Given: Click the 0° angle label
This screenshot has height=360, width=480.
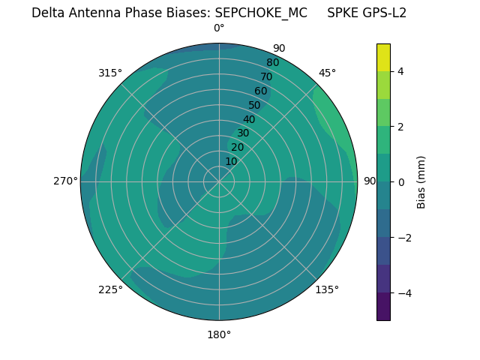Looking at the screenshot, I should click(x=219, y=28).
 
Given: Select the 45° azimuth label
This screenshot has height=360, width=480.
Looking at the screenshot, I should click(x=327, y=73).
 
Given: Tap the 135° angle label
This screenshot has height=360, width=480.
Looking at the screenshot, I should click(x=327, y=289).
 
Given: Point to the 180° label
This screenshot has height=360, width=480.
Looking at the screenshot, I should click(x=219, y=334).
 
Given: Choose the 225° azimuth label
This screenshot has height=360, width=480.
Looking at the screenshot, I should click(x=110, y=289).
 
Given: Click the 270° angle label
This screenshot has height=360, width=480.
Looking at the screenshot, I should click(x=65, y=181).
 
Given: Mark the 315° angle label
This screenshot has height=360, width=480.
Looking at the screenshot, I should click(x=110, y=73).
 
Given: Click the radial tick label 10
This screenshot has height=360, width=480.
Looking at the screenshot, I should click(x=232, y=161).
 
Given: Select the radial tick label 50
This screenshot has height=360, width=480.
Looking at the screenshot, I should click(x=255, y=105).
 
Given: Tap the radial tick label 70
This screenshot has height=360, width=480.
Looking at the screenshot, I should click(x=267, y=76).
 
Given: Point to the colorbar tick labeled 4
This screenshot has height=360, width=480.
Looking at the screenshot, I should click(x=401, y=71).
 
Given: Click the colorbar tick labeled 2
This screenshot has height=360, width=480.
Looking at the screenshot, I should click(x=401, y=127).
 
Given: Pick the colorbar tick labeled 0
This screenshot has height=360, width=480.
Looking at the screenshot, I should click(x=401, y=182).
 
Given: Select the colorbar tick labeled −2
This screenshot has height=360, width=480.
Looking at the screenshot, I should click(x=403, y=238).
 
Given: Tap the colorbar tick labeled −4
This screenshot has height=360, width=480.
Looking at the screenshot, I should click(x=403, y=293).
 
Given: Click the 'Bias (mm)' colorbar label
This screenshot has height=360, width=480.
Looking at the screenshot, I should click(x=421, y=182).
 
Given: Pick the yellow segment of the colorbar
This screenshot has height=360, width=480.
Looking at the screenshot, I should click(x=383, y=57).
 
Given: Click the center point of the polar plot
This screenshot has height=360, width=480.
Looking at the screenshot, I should click(x=219, y=181).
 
